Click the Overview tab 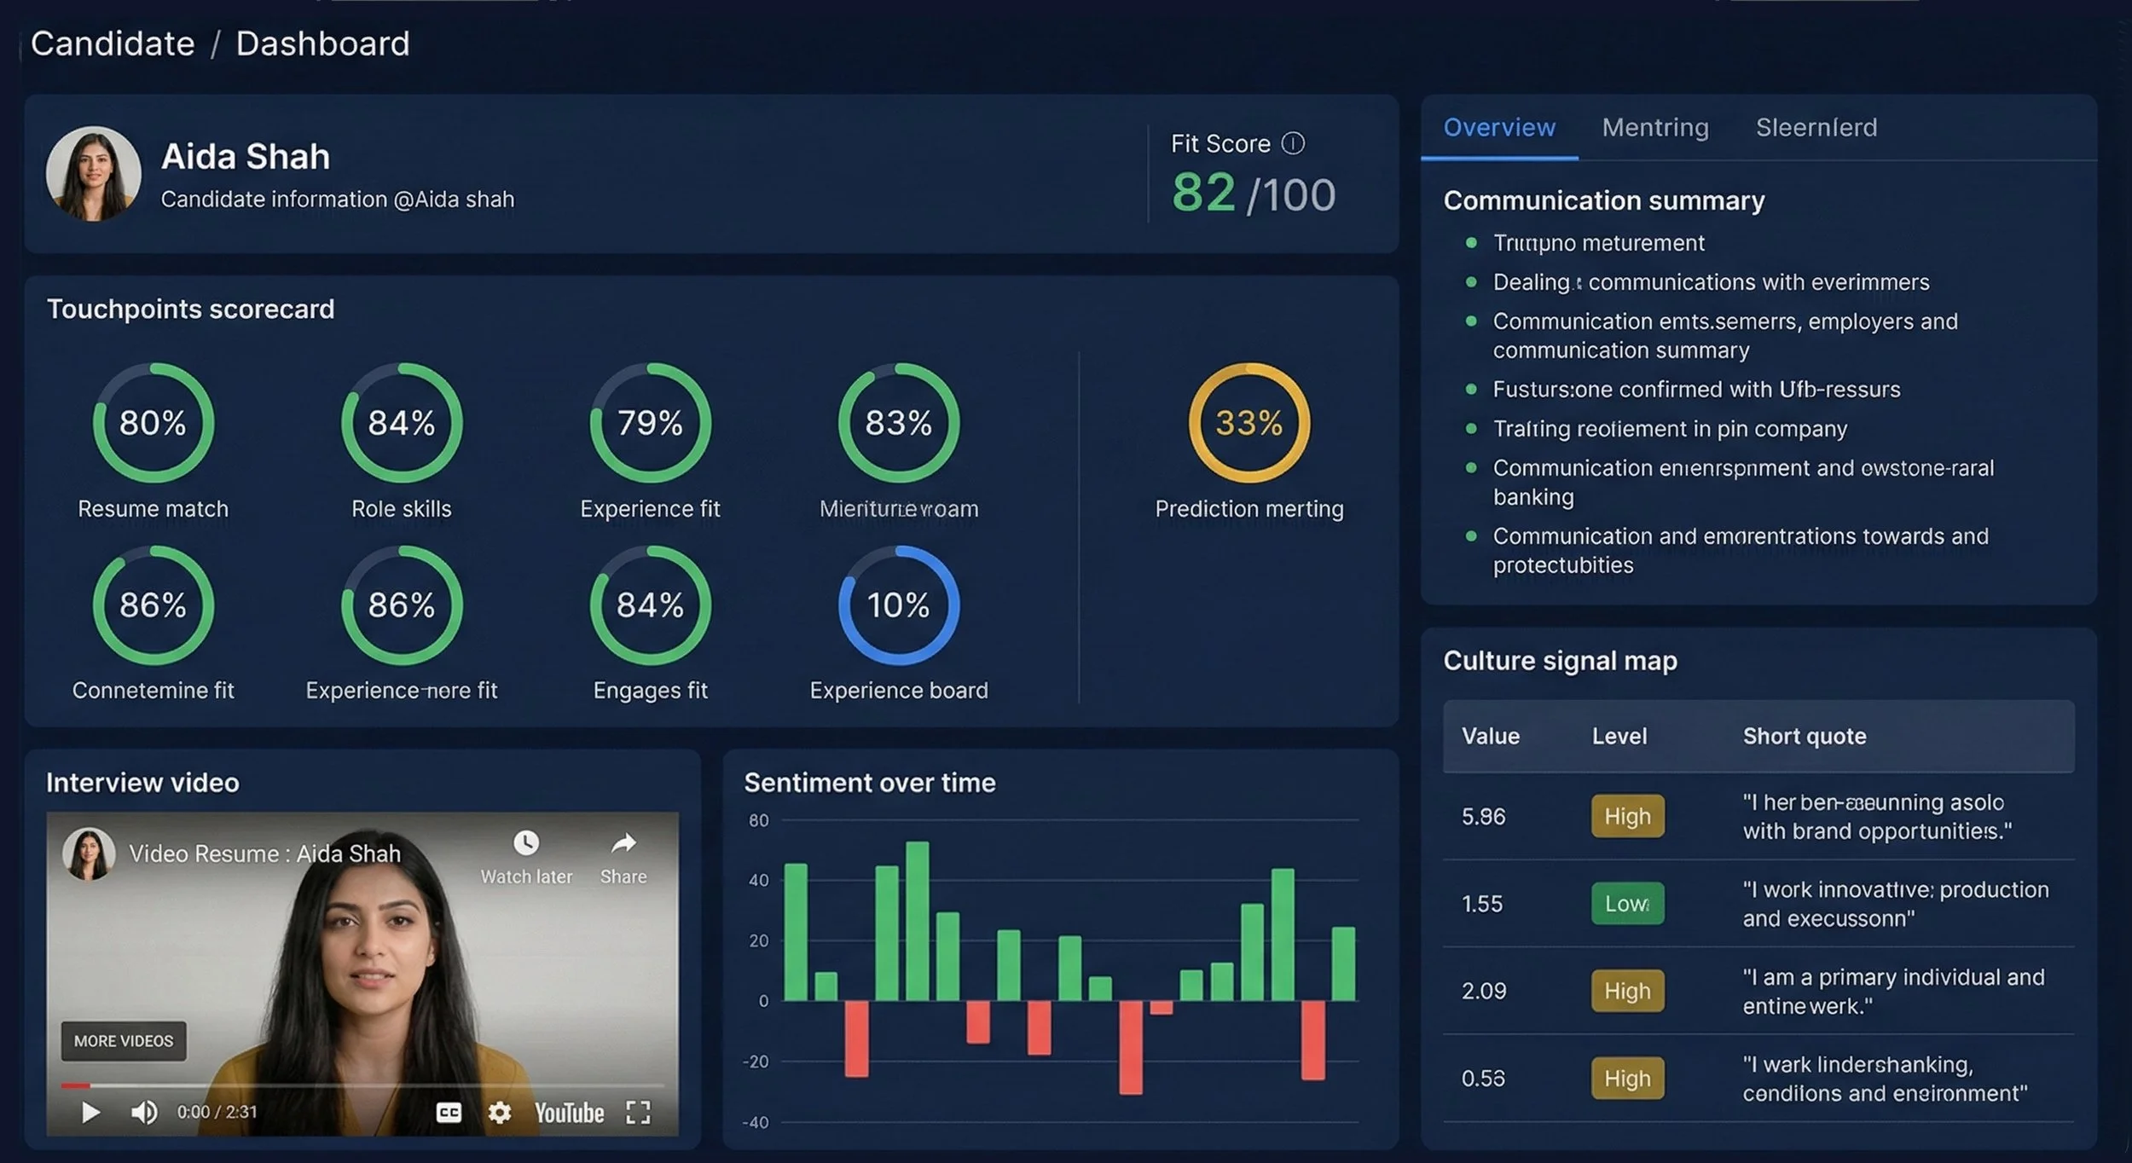coord(1498,128)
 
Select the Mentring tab coord(1654,128)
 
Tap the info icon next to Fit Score coord(1293,143)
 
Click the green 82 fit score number coord(1202,193)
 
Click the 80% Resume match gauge coord(153,423)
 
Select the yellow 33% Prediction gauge coord(1248,423)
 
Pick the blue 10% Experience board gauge coord(898,605)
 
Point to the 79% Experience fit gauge coord(650,423)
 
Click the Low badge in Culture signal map coord(1626,904)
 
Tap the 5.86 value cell coord(1483,817)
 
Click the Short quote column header coord(1804,737)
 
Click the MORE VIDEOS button coord(124,1041)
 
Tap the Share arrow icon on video coord(623,844)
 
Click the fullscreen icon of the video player coord(638,1112)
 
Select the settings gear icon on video coord(500,1112)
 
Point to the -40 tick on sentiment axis coord(756,1123)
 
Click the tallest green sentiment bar coord(917,921)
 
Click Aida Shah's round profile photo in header coord(93,174)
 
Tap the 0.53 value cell coord(1483,1079)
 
